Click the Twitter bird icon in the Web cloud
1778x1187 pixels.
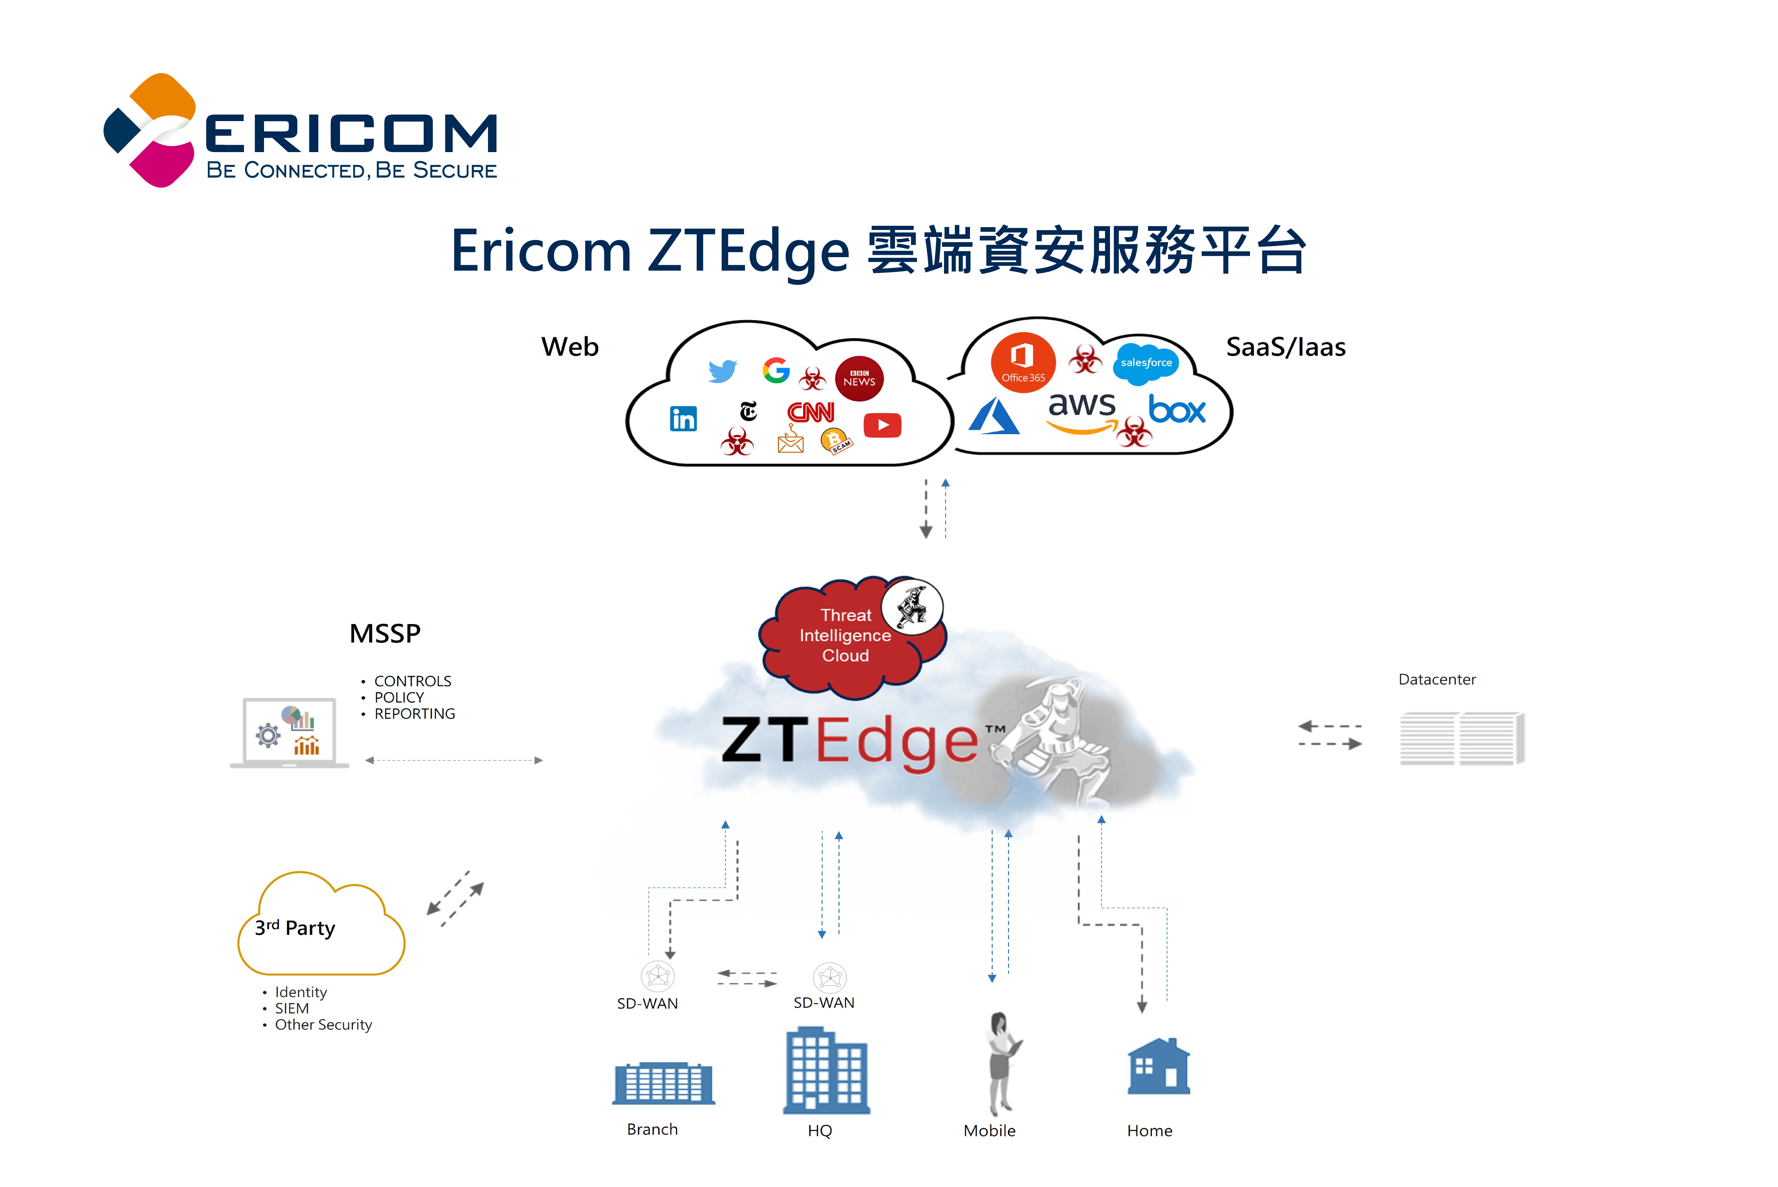tap(723, 371)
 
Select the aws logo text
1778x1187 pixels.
tap(1082, 407)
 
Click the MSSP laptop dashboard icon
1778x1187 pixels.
tap(290, 733)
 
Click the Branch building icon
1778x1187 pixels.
tap(664, 1083)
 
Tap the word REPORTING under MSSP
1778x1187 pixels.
tap(415, 714)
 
